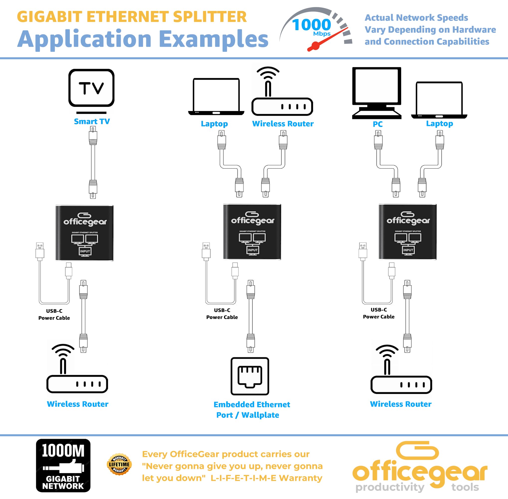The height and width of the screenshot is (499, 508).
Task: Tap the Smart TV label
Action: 92,122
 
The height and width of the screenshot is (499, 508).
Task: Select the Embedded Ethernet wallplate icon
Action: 250,376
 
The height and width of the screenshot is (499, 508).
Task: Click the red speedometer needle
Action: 328,39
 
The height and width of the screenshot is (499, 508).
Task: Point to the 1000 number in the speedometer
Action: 311,25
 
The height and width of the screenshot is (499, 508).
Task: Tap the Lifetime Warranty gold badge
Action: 119,464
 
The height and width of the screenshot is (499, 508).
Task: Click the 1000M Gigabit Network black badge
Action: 63,465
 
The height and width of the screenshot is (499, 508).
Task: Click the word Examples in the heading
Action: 214,39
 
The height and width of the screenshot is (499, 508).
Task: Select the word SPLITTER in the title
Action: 210,17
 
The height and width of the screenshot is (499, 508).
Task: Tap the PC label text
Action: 378,124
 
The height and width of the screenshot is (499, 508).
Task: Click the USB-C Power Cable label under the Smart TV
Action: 54,314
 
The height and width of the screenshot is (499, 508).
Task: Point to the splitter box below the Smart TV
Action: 84,233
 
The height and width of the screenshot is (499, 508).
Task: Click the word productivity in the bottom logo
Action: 390,487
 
